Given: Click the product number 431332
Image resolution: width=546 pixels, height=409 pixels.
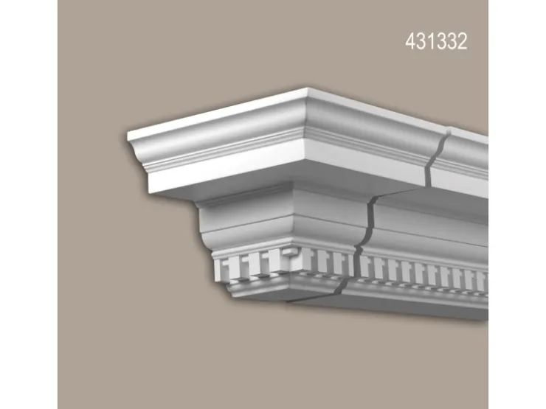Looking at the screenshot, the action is [x=436, y=41].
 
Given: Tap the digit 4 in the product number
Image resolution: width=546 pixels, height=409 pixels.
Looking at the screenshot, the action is [x=410, y=41].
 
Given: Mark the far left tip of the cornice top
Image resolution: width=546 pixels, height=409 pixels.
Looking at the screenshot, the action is [x=128, y=132].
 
